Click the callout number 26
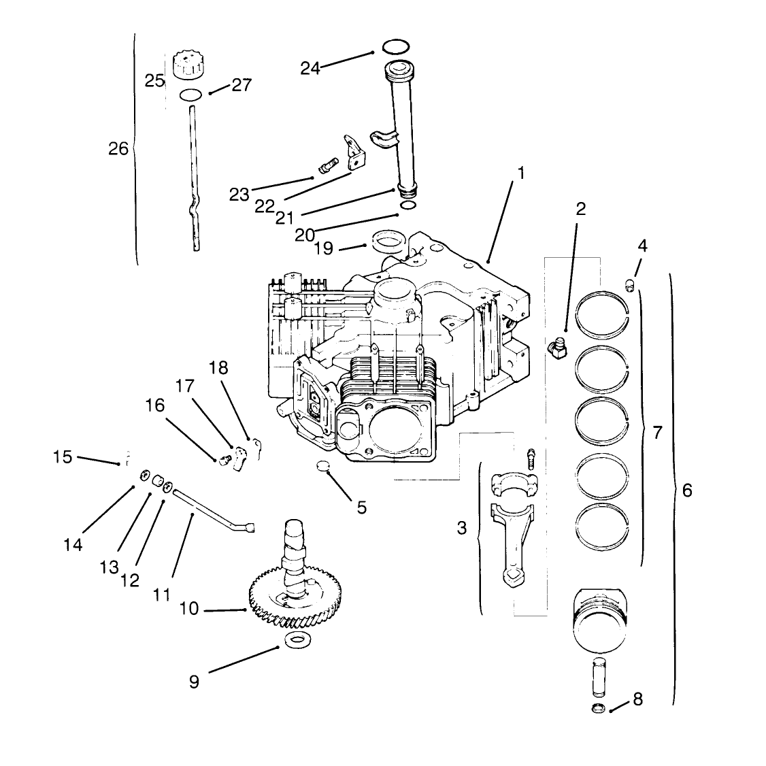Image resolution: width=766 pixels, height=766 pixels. [118, 148]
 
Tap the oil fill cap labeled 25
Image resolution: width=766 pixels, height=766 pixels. [188, 65]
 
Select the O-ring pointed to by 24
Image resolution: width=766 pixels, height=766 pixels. [395, 47]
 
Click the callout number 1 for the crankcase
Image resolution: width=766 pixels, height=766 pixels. [521, 173]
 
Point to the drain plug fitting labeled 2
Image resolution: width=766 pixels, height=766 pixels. [557, 348]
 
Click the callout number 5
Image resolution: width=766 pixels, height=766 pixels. [361, 507]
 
